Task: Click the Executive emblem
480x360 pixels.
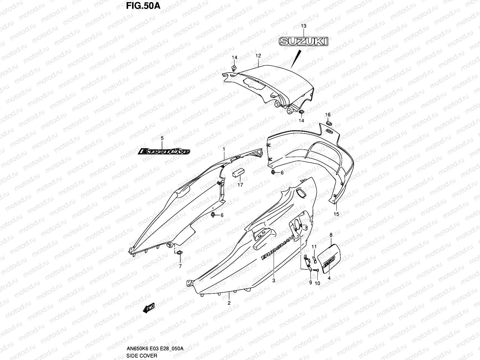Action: pos(164,151)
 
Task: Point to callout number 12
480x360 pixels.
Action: pos(258,56)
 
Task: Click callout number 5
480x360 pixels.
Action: pos(162,138)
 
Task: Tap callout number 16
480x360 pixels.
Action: pos(328,115)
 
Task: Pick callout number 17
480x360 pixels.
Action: pos(240,185)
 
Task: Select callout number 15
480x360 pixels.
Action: pos(336,214)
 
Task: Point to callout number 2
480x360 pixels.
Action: pos(229,303)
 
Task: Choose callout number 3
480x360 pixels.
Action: pos(274,281)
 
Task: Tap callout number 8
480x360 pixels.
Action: pos(331,235)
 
